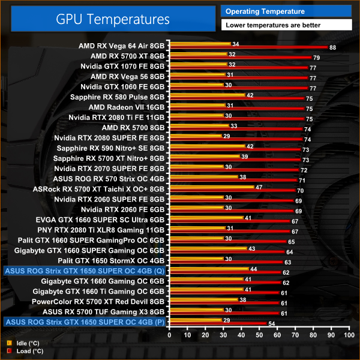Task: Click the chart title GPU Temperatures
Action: pyautogui.click(x=112, y=19)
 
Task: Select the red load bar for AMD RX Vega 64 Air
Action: pyautogui.click(x=248, y=46)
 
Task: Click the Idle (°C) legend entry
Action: pyautogui.click(x=24, y=343)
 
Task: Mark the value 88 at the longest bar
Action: pyautogui.click(x=332, y=47)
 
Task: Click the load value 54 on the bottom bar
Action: pyautogui.click(x=271, y=324)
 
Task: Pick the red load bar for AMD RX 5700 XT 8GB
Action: pyautogui.click(x=240, y=57)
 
